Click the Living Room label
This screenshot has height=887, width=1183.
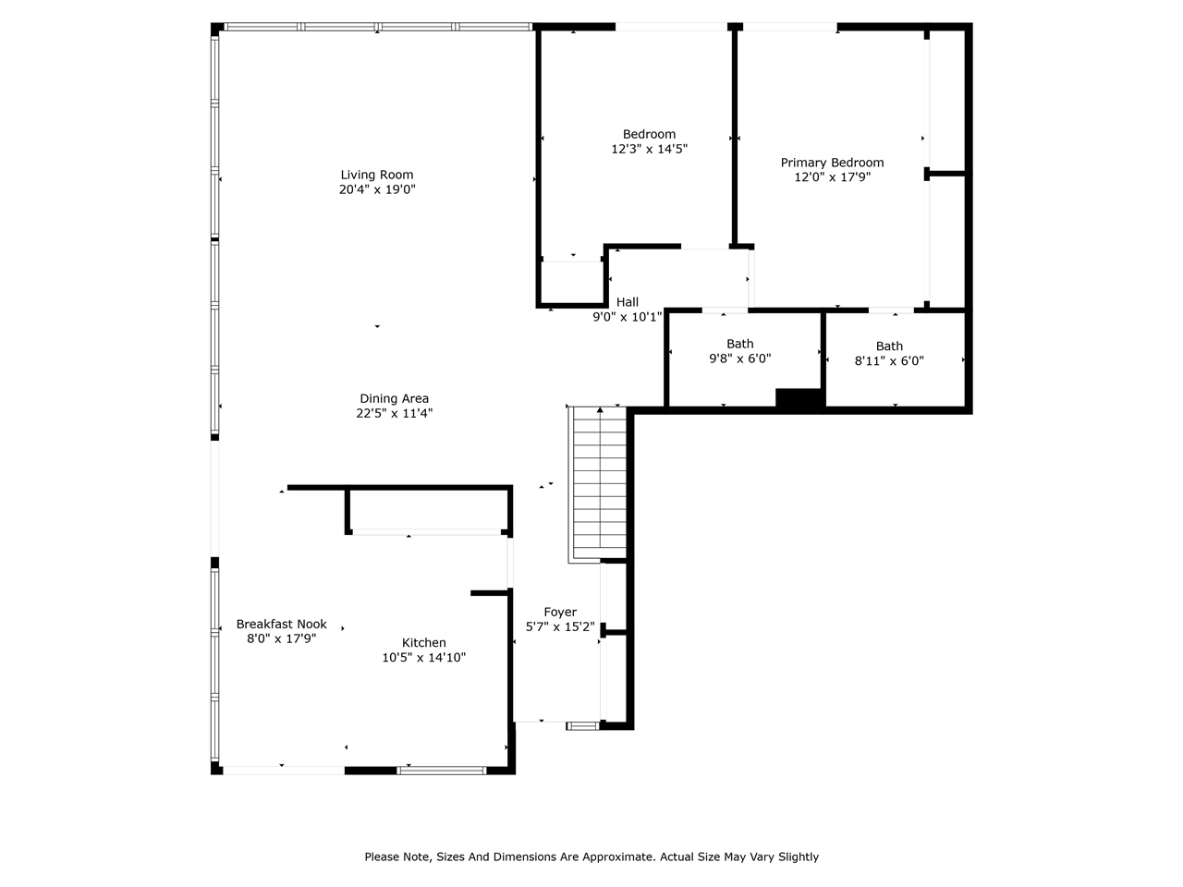(x=377, y=175)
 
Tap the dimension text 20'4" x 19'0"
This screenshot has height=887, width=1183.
(x=377, y=189)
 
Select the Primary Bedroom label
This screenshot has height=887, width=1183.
(x=832, y=163)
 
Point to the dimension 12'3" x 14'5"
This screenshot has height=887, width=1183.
(x=649, y=149)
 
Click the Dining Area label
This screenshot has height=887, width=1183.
(x=395, y=399)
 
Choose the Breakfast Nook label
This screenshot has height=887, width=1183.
(x=281, y=624)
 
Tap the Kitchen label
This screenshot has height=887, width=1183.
(x=424, y=643)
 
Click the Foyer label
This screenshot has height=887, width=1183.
(x=560, y=612)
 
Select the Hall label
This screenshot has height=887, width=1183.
(x=628, y=302)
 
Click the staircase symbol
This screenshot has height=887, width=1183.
(x=600, y=482)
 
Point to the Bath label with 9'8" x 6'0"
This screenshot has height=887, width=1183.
(x=740, y=344)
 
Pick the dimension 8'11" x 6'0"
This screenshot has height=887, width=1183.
(x=889, y=361)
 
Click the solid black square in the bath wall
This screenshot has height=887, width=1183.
(x=799, y=398)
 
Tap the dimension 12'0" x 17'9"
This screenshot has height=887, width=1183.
(x=832, y=177)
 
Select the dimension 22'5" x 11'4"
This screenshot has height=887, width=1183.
(x=395, y=414)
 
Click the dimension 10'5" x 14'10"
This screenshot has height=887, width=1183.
(x=424, y=658)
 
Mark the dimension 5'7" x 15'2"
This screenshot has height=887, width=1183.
(x=560, y=626)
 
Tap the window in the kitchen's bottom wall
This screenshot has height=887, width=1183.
(x=441, y=769)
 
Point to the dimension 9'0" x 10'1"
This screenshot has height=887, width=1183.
(x=628, y=317)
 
